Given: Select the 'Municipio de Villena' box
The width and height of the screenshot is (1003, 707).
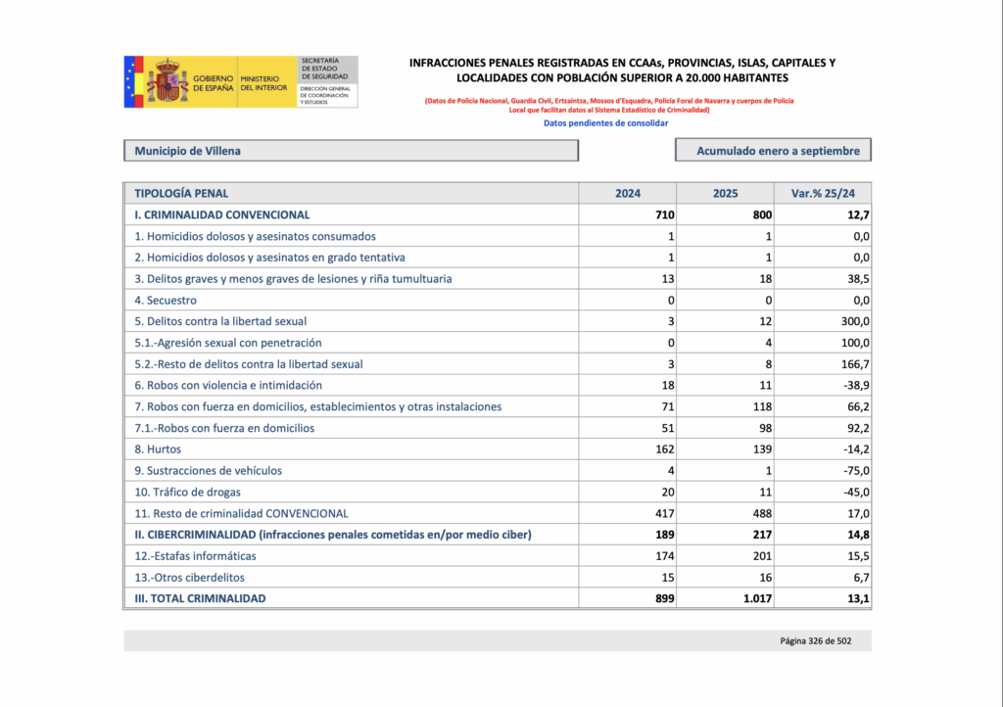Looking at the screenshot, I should tap(351, 151).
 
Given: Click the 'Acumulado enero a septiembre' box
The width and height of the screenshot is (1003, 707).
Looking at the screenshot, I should tap(773, 151).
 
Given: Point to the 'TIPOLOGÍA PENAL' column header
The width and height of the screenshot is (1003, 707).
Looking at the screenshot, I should tap(182, 194).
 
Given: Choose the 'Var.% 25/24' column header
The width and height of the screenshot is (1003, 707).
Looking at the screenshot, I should tap(823, 194).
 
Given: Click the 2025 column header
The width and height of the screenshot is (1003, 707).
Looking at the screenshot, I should tap(726, 194).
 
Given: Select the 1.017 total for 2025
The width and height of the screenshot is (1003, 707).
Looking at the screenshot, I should tap(756, 598).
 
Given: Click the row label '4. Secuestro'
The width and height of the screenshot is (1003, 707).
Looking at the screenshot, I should tap(166, 301).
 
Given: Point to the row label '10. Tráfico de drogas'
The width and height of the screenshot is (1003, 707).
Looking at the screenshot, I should tap(187, 492).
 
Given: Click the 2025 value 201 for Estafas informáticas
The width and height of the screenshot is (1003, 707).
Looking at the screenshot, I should tap(760, 556).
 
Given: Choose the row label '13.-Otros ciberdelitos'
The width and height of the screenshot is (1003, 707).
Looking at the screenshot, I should tap(190, 578).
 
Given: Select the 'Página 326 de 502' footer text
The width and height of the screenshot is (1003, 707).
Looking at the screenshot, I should tap(821, 641).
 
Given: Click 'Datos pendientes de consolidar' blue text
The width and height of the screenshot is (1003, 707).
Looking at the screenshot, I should tap(605, 124).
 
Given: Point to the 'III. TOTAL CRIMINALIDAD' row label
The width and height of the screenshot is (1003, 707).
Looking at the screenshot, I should tap(200, 598).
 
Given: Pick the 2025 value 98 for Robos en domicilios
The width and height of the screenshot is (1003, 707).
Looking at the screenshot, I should tap(763, 428).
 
